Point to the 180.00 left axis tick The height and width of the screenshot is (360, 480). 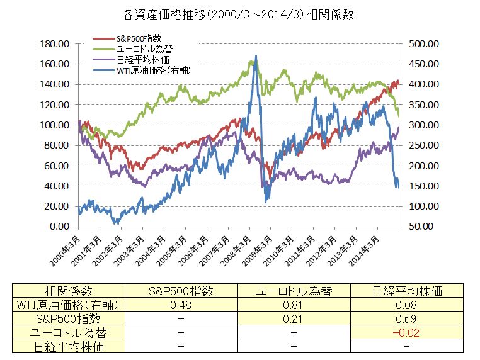coord(55,44)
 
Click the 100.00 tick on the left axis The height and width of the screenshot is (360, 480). coord(55,125)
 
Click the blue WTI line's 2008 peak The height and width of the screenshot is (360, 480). coord(255,64)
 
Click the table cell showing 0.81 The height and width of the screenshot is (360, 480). coord(294,305)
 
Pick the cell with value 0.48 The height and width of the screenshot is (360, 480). coord(181,305)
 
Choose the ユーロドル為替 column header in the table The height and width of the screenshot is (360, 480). coord(294,291)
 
